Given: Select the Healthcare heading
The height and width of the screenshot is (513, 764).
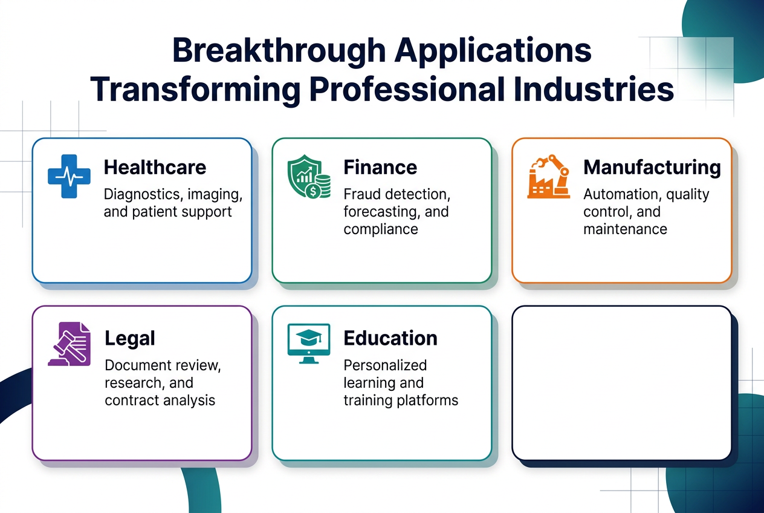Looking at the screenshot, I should point(155,167).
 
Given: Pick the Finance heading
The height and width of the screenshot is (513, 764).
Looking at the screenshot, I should point(380,167).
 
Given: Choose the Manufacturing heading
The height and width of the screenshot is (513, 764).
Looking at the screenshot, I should point(652,167).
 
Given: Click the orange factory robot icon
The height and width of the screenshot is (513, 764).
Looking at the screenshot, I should point(548,177).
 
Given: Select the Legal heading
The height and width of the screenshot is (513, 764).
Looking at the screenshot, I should point(130,338).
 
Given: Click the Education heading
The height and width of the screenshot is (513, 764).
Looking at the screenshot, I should point(390,338).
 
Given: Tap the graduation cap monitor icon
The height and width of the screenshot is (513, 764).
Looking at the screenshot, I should point(308,343).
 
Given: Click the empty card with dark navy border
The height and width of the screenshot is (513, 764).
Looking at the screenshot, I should point(621,383).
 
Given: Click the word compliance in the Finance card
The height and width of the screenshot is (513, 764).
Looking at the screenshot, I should point(381,229).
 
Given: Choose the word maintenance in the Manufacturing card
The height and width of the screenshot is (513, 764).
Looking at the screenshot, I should point(625,229).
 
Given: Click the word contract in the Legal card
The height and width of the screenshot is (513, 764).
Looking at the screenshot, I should point(131,400).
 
